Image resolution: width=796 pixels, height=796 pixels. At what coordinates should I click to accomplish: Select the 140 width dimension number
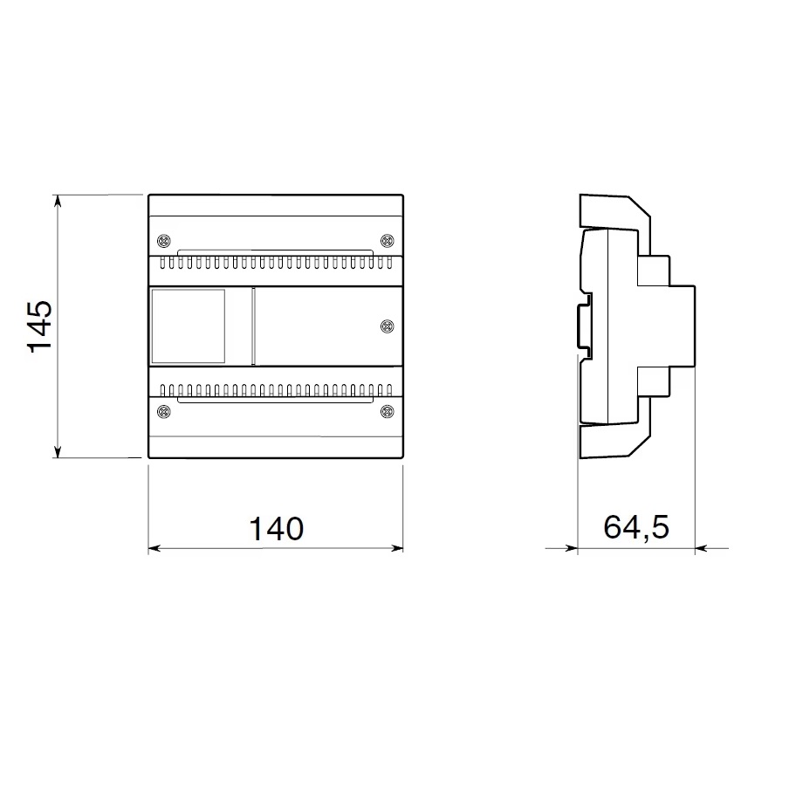point(277,529)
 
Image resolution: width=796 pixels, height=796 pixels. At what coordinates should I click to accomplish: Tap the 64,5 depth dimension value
point(635,528)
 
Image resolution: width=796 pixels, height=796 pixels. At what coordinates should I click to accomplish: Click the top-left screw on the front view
point(163,241)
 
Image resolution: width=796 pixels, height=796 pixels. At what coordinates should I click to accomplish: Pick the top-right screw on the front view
point(388,241)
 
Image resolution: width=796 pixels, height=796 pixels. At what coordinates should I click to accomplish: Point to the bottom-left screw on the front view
point(163,411)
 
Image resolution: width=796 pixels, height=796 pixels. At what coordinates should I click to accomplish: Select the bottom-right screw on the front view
point(388,411)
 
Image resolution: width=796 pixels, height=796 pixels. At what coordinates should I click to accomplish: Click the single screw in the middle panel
point(388,326)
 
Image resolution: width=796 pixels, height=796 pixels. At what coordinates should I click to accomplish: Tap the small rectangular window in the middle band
point(189,326)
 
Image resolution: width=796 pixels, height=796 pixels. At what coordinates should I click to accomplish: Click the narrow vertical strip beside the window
point(253,326)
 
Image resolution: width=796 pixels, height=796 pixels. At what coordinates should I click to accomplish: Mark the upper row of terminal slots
point(276,262)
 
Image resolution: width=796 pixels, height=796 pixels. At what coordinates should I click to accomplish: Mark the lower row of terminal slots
point(276,388)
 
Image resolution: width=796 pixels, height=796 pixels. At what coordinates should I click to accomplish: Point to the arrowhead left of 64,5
point(573,549)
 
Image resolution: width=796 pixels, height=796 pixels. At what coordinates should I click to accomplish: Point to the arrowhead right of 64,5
point(700,549)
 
